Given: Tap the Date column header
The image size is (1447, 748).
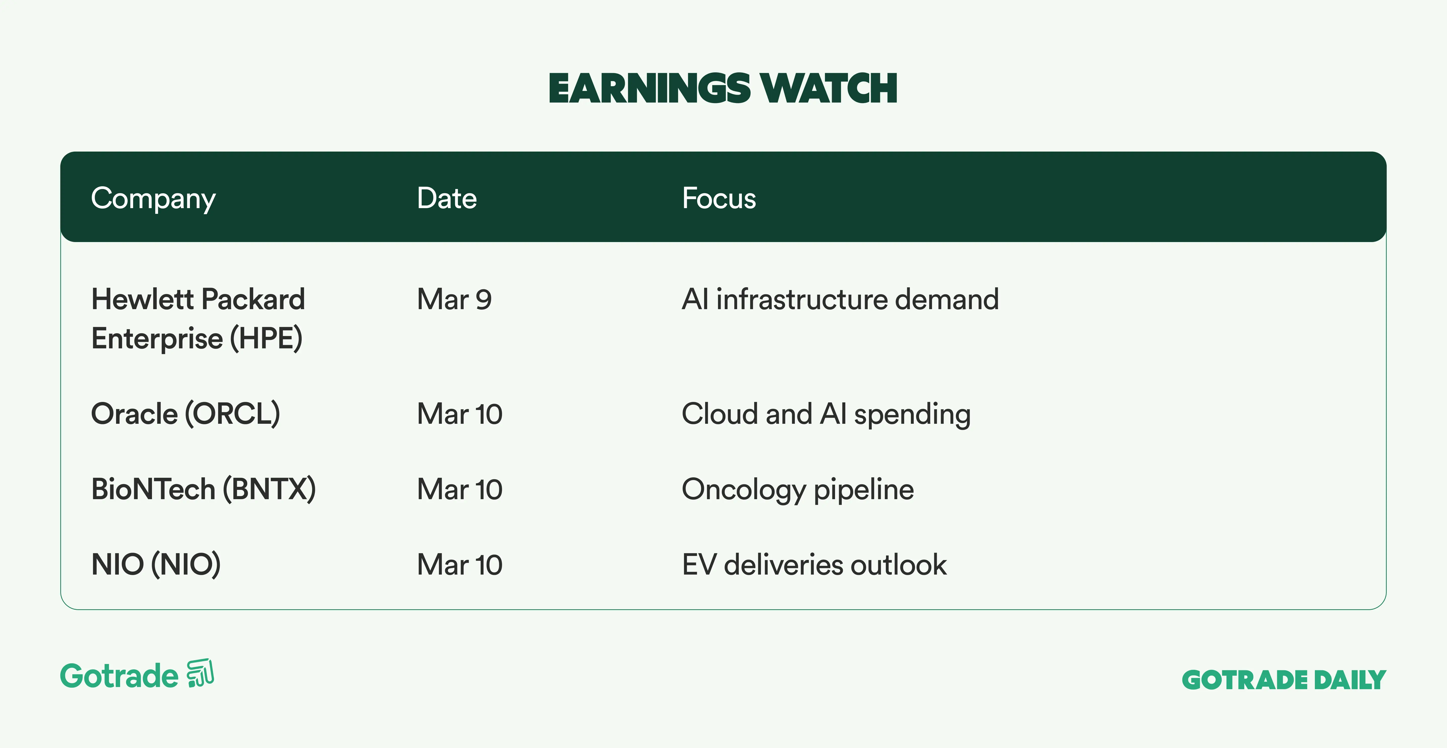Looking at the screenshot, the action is point(447,198).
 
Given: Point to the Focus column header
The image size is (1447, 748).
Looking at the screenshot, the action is point(719,198).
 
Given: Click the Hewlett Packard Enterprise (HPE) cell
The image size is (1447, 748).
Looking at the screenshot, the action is point(198,319).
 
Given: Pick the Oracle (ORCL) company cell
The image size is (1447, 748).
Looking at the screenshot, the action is point(185,414).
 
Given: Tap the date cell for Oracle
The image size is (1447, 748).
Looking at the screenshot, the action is point(459,414).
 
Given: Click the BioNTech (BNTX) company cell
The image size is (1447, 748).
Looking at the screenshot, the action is point(203,489).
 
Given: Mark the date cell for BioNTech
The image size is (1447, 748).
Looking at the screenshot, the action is point(459,489).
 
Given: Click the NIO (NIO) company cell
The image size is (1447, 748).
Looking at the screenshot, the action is point(156,565).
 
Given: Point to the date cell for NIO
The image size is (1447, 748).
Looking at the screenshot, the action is point(459,565).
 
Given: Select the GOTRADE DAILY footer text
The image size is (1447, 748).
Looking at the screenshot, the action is point(1284,680).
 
